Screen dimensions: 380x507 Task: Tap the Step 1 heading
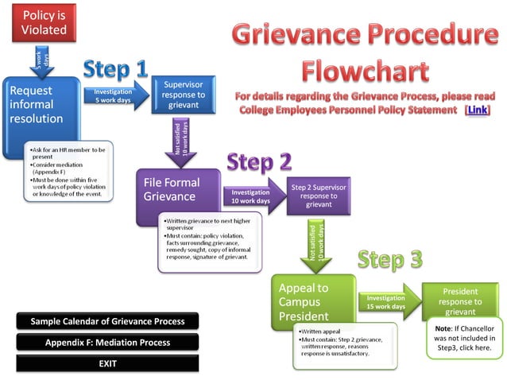point(115,69)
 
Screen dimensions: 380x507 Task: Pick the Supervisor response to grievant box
point(184,95)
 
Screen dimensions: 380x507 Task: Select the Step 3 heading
point(389,259)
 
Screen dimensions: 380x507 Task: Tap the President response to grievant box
point(460,301)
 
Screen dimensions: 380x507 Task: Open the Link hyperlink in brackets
point(477,110)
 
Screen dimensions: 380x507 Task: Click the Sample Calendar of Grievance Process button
point(107,321)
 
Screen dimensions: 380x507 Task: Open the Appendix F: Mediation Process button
point(107,343)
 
